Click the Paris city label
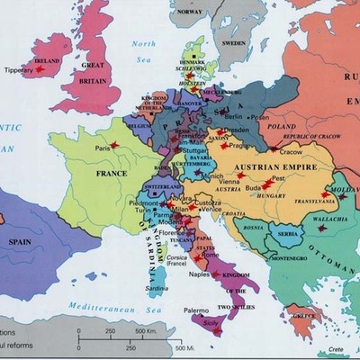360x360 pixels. click(x=103, y=147)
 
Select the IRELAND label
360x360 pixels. click(x=47, y=61)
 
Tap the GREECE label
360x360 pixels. click(x=303, y=316)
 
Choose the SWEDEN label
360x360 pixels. click(x=234, y=41)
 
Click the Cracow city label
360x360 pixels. click(x=291, y=152)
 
